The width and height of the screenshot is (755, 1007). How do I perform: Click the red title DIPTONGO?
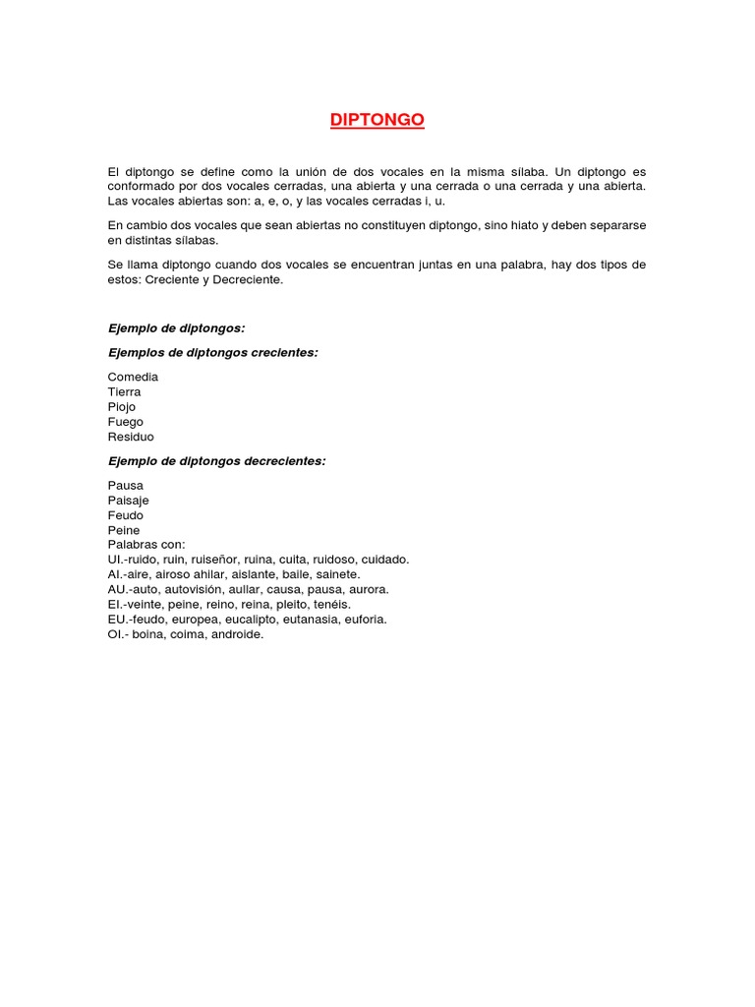(x=377, y=120)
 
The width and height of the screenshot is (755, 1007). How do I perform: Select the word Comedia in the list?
(x=133, y=377)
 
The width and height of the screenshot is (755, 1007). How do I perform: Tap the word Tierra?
(x=125, y=391)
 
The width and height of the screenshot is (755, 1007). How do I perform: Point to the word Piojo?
(x=122, y=406)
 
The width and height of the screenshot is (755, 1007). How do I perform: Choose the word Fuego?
(x=126, y=422)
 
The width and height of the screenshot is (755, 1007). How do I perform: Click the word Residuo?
(x=131, y=437)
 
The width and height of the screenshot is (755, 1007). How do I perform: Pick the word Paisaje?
(x=129, y=501)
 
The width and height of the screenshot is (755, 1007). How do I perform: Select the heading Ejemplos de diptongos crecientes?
(x=212, y=352)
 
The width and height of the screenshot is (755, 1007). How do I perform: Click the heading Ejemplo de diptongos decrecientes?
(x=216, y=460)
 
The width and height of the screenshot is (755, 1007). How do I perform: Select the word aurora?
(x=368, y=589)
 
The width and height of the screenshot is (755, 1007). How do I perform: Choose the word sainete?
(x=337, y=574)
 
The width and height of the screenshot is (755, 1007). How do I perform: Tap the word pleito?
(x=332, y=605)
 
